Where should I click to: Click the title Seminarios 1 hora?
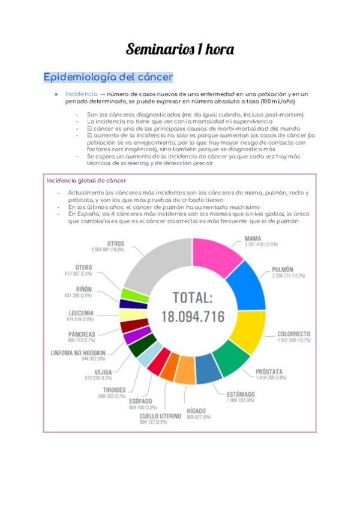tap(179, 49)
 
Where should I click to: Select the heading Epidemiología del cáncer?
tap(108, 77)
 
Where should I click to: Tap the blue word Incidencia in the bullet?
tap(80, 94)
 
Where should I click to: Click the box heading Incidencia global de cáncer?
tap(86, 181)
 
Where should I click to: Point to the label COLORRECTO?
tap(293, 334)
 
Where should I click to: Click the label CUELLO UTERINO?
tap(161, 415)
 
